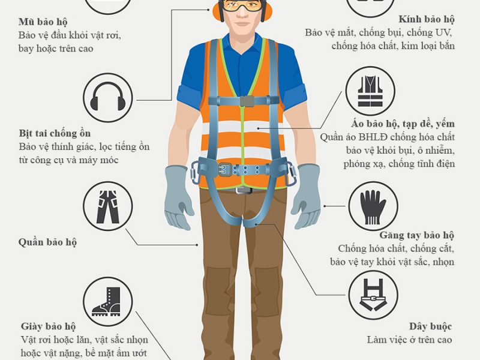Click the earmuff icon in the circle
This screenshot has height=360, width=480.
(108, 97)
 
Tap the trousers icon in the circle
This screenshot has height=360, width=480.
(108, 206)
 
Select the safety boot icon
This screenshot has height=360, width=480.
(107, 302)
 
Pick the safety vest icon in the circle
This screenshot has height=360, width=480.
(370, 91)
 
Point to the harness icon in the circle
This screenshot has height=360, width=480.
(373, 295)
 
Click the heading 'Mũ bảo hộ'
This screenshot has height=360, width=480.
(43, 22)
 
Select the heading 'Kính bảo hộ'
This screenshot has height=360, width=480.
(427, 19)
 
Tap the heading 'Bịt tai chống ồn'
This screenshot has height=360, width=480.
(55, 134)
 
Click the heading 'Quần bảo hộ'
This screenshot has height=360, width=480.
(47, 242)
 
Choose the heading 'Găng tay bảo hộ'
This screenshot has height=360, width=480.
(416, 235)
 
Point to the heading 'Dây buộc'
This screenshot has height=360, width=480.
(430, 326)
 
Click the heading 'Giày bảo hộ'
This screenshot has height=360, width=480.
(48, 326)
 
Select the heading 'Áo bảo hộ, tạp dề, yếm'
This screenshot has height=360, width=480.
(403, 124)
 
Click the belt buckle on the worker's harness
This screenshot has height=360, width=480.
(225, 170)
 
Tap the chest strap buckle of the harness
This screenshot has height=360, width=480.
(247, 101)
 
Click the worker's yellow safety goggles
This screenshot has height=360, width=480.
(242, 5)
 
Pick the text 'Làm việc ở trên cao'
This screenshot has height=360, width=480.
(409, 340)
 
